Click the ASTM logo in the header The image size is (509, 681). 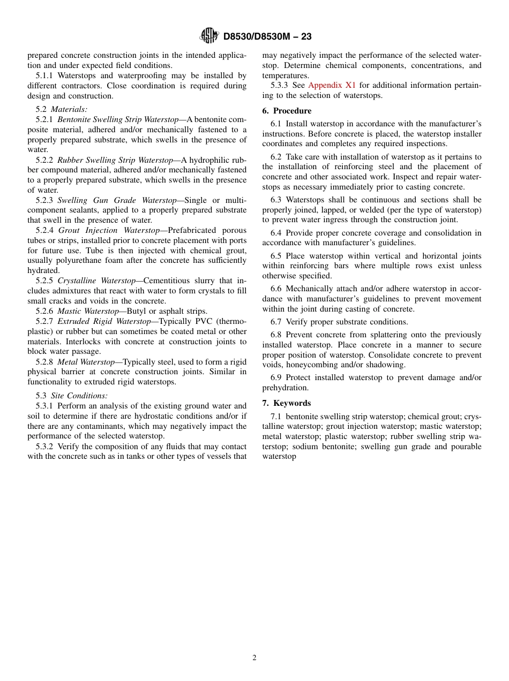[x=209, y=36]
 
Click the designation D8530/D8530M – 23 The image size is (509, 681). [x=267, y=36]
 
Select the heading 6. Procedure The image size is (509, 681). [x=287, y=111]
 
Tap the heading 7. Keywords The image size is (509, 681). [x=286, y=403]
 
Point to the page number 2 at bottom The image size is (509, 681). [x=254, y=658]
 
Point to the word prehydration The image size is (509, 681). [x=285, y=388]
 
